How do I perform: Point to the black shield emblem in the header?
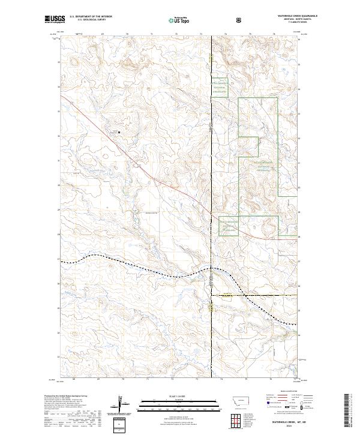tap(240, 20)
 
